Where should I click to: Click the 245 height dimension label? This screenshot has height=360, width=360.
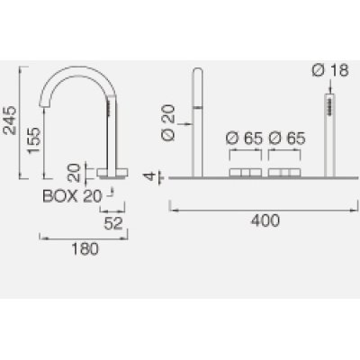click(10, 120)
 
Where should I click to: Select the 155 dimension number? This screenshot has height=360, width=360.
click(33, 140)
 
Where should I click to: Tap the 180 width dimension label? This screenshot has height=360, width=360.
click(85, 249)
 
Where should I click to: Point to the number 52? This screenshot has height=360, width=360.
click(113, 223)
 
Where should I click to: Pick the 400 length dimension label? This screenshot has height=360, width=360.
click(265, 220)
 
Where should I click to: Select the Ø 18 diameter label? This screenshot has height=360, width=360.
click(330, 70)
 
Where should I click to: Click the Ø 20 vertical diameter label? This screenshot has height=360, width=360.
click(168, 122)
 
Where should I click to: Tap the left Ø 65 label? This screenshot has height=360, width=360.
click(244, 139)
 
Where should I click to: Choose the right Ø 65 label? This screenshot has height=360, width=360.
click(287, 139)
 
